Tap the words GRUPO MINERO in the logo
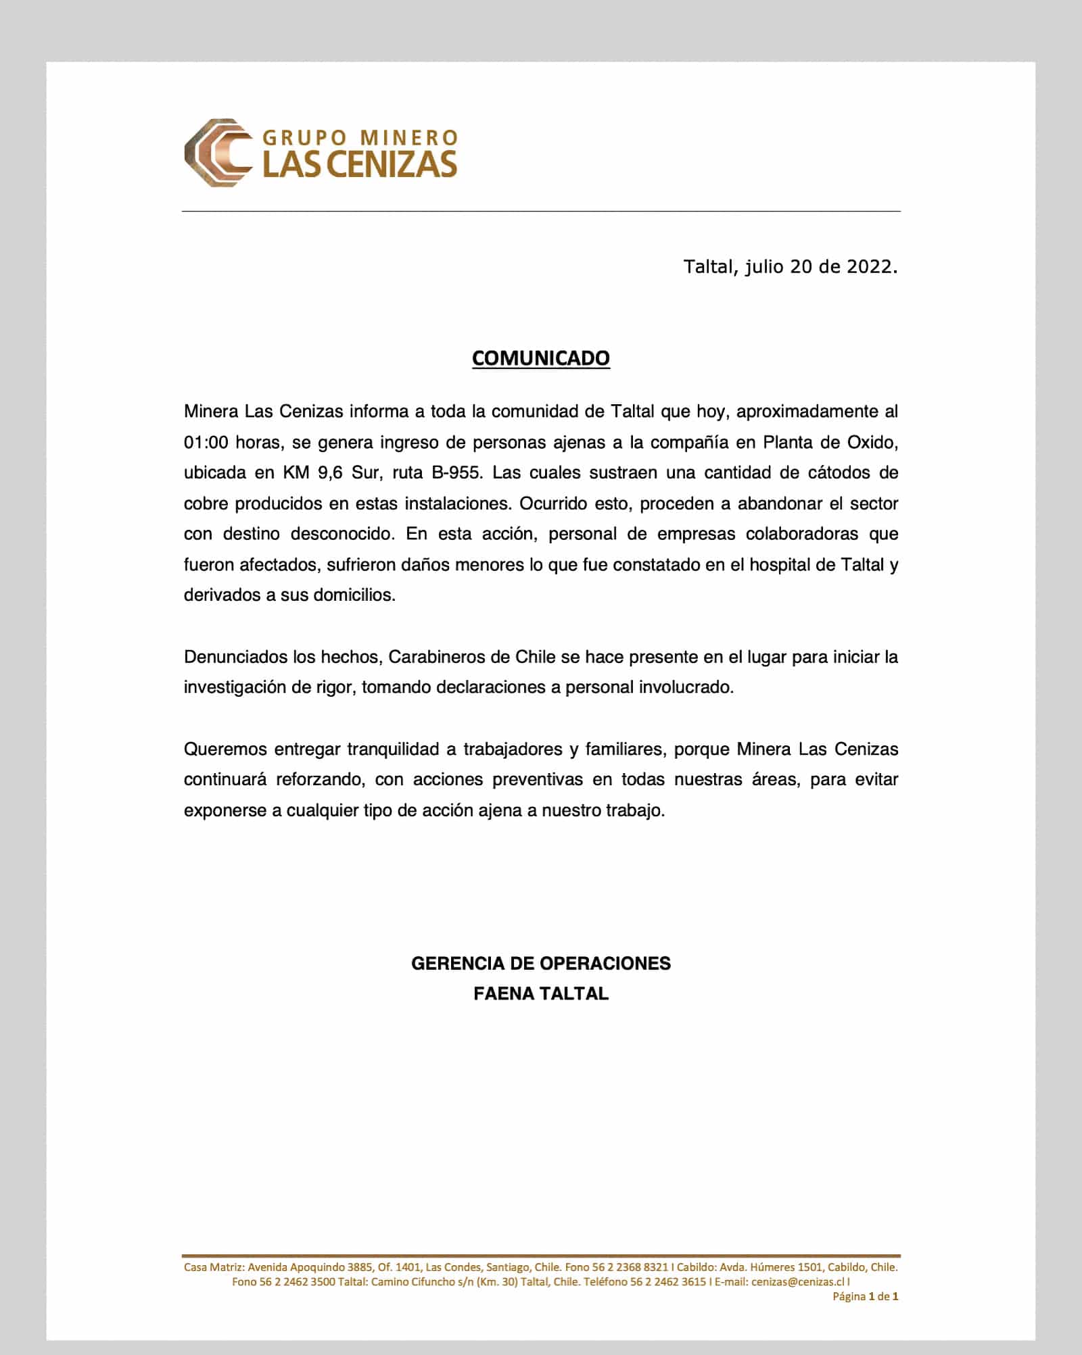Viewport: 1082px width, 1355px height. (360, 138)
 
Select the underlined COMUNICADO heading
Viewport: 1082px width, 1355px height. (540, 358)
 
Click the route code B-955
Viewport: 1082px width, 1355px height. (456, 473)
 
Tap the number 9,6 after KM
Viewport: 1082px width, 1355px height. (330, 473)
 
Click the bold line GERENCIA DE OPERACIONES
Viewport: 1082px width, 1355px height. (540, 963)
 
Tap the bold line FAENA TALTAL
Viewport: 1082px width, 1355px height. (540, 993)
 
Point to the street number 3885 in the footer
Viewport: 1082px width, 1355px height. (360, 1267)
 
